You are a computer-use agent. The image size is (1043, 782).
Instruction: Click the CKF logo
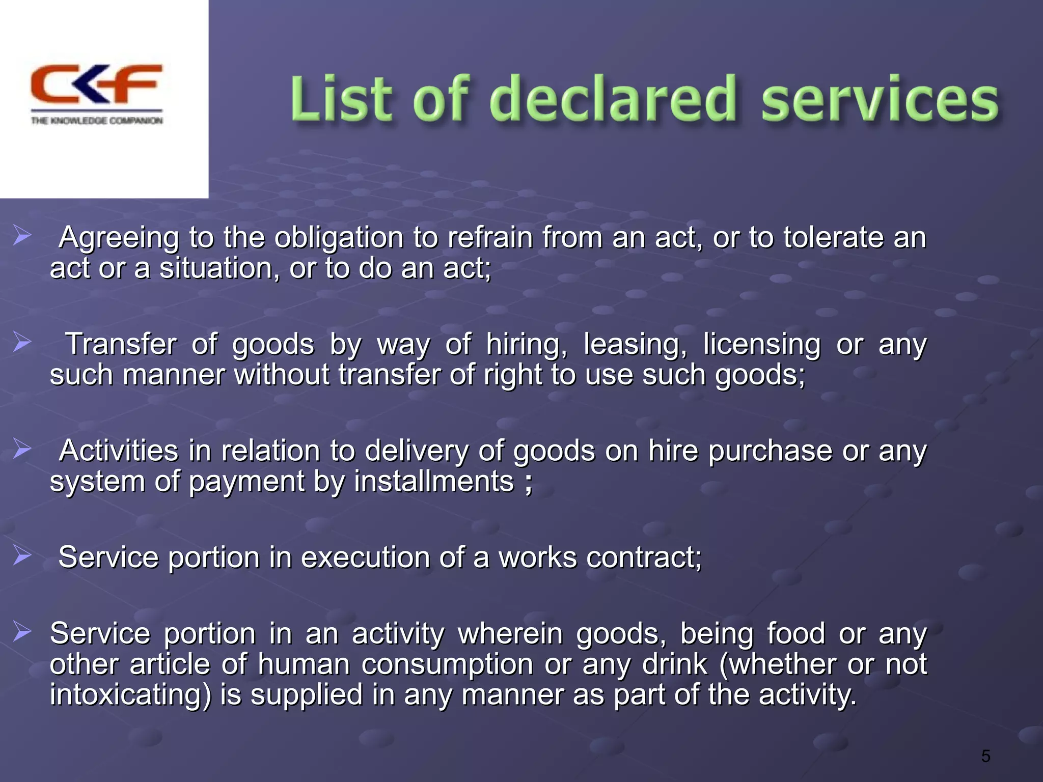[96, 85]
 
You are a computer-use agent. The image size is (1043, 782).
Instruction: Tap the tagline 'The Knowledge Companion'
[97, 121]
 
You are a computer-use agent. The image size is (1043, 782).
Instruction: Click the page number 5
[985, 757]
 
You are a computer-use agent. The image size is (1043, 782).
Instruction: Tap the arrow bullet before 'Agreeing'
[22, 236]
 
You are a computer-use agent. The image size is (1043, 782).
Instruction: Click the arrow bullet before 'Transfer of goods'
[22, 342]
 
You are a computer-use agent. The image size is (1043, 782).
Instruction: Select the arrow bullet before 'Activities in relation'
[22, 450]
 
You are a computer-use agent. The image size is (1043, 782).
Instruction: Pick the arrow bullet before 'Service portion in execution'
[22, 555]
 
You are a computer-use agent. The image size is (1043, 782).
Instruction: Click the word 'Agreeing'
[119, 238]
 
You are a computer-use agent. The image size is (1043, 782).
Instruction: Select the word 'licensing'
[761, 345]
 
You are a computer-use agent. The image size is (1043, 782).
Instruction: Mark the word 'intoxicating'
[130, 695]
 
